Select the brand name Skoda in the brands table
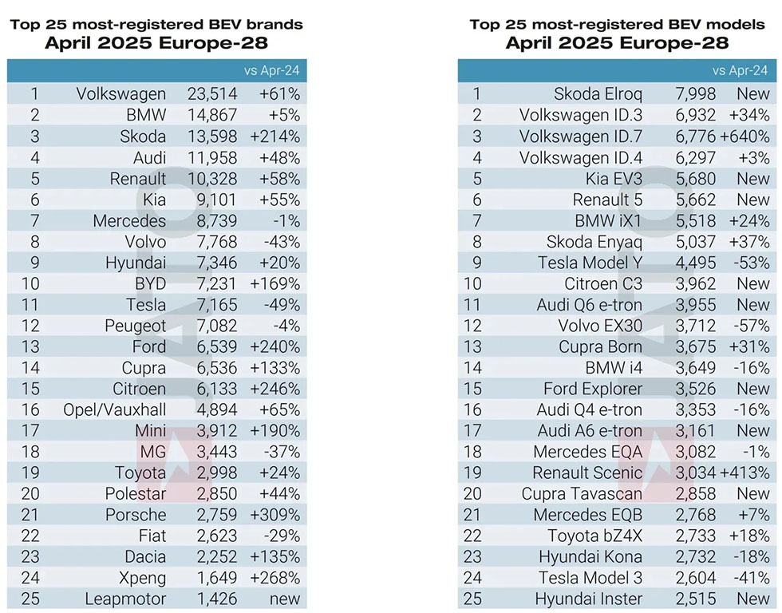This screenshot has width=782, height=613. click(x=143, y=136)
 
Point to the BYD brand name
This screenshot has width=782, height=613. click(x=148, y=283)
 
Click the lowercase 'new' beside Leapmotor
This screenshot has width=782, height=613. click(x=285, y=599)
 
